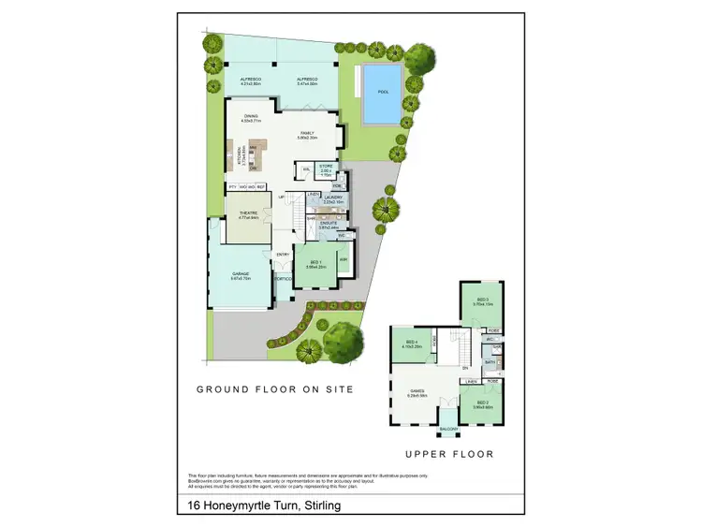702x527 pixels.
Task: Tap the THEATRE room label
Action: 248,213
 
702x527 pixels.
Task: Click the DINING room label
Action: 250,117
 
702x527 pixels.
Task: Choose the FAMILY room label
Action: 308,133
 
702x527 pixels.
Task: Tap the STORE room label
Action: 326,166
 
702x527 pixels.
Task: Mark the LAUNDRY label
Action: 334,197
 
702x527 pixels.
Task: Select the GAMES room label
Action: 417,391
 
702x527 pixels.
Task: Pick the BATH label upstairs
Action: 489,361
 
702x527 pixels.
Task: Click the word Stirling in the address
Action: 315,505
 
